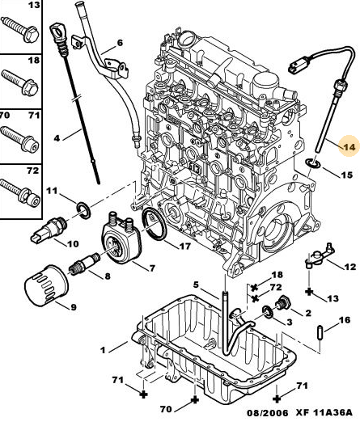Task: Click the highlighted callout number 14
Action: click(349, 147)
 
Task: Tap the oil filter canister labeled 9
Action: click(46, 285)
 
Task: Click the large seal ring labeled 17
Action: click(155, 224)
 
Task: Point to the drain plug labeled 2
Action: click(283, 304)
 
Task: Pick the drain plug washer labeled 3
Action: click(268, 311)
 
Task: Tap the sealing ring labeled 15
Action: click(313, 163)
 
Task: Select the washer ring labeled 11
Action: click(83, 210)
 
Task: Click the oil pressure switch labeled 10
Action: click(49, 230)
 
